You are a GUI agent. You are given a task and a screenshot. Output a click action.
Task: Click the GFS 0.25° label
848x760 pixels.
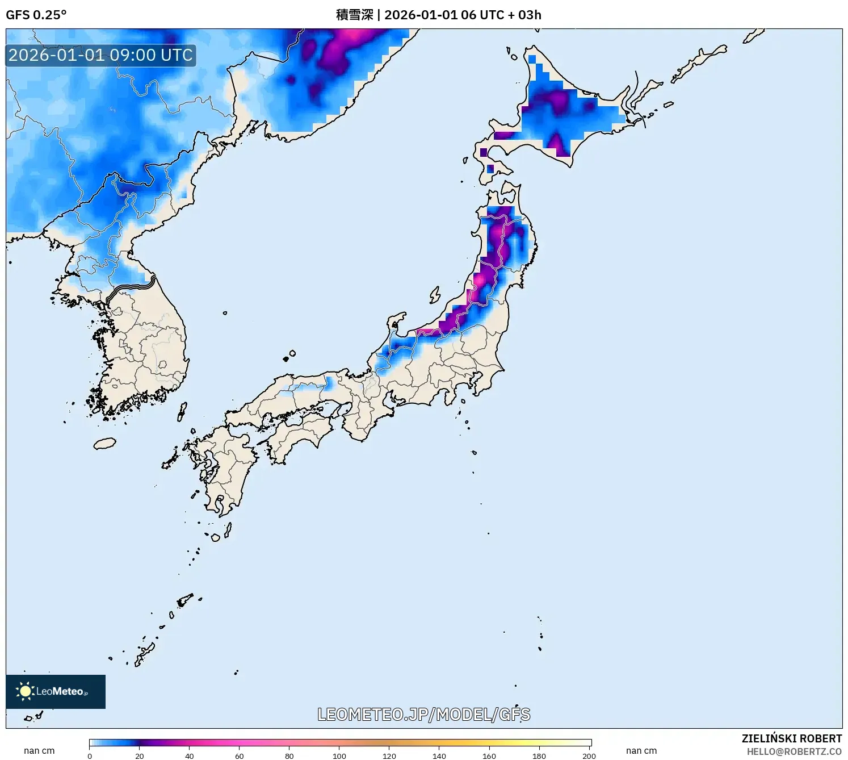click(x=36, y=15)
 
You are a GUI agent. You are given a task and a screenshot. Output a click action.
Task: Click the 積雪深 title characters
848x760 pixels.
click(x=354, y=15)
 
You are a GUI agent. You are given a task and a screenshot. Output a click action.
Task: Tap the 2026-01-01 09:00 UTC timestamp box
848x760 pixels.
click(x=101, y=56)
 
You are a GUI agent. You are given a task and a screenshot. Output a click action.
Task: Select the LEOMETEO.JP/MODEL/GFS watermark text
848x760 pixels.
click(x=423, y=715)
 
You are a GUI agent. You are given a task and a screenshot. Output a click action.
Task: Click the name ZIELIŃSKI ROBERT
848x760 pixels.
click(x=791, y=738)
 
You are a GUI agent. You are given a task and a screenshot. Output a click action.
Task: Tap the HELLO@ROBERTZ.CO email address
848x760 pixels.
click(x=794, y=751)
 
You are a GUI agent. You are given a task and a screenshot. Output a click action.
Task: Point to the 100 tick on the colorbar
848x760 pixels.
click(x=339, y=755)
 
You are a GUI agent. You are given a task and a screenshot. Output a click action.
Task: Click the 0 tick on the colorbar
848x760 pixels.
click(x=90, y=755)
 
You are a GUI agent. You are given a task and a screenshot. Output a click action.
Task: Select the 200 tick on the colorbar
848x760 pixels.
click(x=589, y=755)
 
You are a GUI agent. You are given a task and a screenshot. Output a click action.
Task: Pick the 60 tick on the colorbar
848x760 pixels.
click(x=240, y=755)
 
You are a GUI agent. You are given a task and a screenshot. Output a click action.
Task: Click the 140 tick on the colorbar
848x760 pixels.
click(x=439, y=755)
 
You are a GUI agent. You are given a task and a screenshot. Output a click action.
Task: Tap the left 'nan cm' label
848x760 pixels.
click(x=39, y=751)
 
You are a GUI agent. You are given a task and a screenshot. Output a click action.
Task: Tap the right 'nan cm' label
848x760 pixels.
click(x=641, y=751)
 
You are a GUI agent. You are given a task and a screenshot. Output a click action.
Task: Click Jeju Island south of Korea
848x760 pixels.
click(x=105, y=443)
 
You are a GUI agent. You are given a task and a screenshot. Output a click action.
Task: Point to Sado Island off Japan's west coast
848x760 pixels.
click(x=435, y=295)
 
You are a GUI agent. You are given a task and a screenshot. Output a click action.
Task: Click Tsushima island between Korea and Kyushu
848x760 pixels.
click(x=182, y=411)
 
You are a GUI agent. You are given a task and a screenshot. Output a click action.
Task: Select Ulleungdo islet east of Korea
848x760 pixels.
click(x=225, y=312)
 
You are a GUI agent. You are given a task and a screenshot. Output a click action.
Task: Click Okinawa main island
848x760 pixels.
click(x=145, y=653)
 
